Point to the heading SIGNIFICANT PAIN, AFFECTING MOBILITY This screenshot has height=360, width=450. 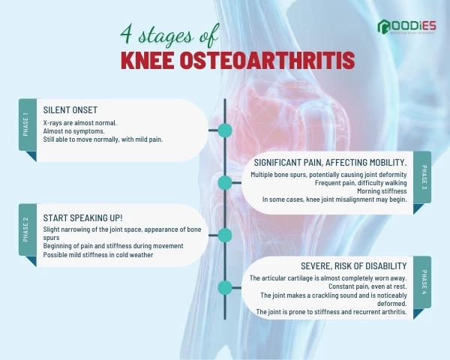tap(330, 162)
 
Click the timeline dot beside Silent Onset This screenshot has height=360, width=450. tap(224, 130)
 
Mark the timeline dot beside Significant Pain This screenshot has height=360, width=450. tap(224, 183)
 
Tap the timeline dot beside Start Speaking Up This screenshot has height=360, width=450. tap(224, 235)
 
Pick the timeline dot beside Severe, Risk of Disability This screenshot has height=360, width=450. tap(224, 287)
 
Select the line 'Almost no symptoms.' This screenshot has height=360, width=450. tap(73, 130)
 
